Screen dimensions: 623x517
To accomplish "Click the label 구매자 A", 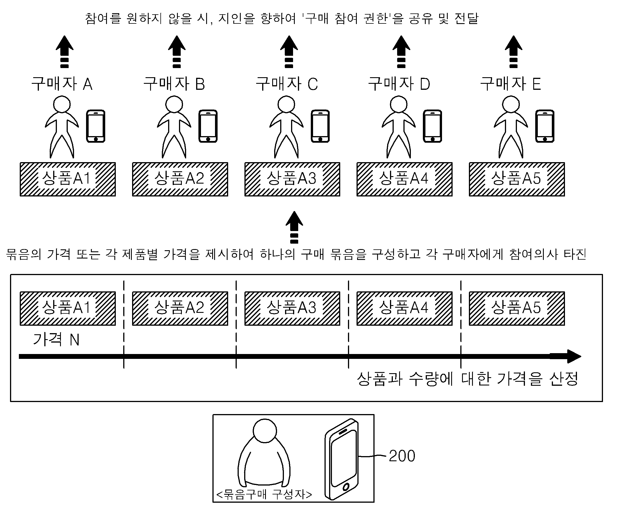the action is click(x=62, y=84).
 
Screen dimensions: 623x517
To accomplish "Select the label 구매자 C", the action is click(x=286, y=84).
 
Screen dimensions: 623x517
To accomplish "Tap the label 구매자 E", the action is click(x=511, y=84).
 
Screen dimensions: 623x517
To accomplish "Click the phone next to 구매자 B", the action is click(x=208, y=126).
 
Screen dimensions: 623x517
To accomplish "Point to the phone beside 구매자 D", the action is click(x=432, y=126).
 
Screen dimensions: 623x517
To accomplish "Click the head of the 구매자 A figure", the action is click(x=62, y=104).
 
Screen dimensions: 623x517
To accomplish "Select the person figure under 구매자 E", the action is click(x=511, y=127).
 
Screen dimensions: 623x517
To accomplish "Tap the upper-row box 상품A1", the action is click(x=68, y=179).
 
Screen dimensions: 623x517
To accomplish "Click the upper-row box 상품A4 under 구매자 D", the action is click(x=404, y=179).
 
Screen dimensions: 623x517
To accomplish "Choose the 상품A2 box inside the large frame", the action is click(x=180, y=309).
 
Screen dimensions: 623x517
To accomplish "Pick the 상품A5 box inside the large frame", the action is click(x=517, y=309).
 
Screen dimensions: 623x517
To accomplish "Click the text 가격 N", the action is click(x=56, y=339).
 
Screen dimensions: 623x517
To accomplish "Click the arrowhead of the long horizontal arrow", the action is click(x=574, y=357).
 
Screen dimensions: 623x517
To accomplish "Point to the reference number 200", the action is click(x=402, y=456).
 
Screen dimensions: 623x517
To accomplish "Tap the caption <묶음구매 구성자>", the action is click(x=264, y=494).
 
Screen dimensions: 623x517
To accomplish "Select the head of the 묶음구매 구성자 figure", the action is click(x=265, y=431).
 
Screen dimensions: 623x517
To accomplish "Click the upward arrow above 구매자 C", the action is click(x=289, y=52).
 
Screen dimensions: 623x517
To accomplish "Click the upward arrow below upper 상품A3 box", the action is click(x=294, y=227).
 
